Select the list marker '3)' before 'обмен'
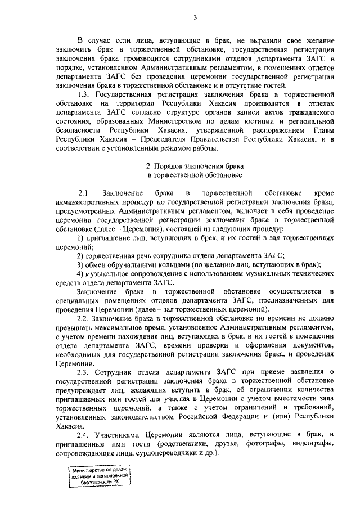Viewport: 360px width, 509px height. (x=80, y=264)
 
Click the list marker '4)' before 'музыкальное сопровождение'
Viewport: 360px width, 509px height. (x=80, y=273)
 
